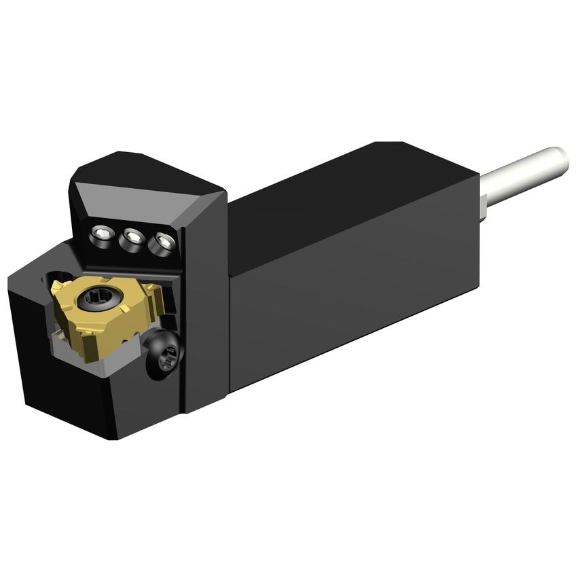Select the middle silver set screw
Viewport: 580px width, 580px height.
132,238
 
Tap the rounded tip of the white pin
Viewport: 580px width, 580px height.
560,160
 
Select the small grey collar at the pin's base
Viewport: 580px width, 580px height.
484,205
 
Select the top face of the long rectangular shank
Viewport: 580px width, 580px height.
353,183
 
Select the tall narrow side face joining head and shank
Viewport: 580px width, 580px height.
207,299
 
